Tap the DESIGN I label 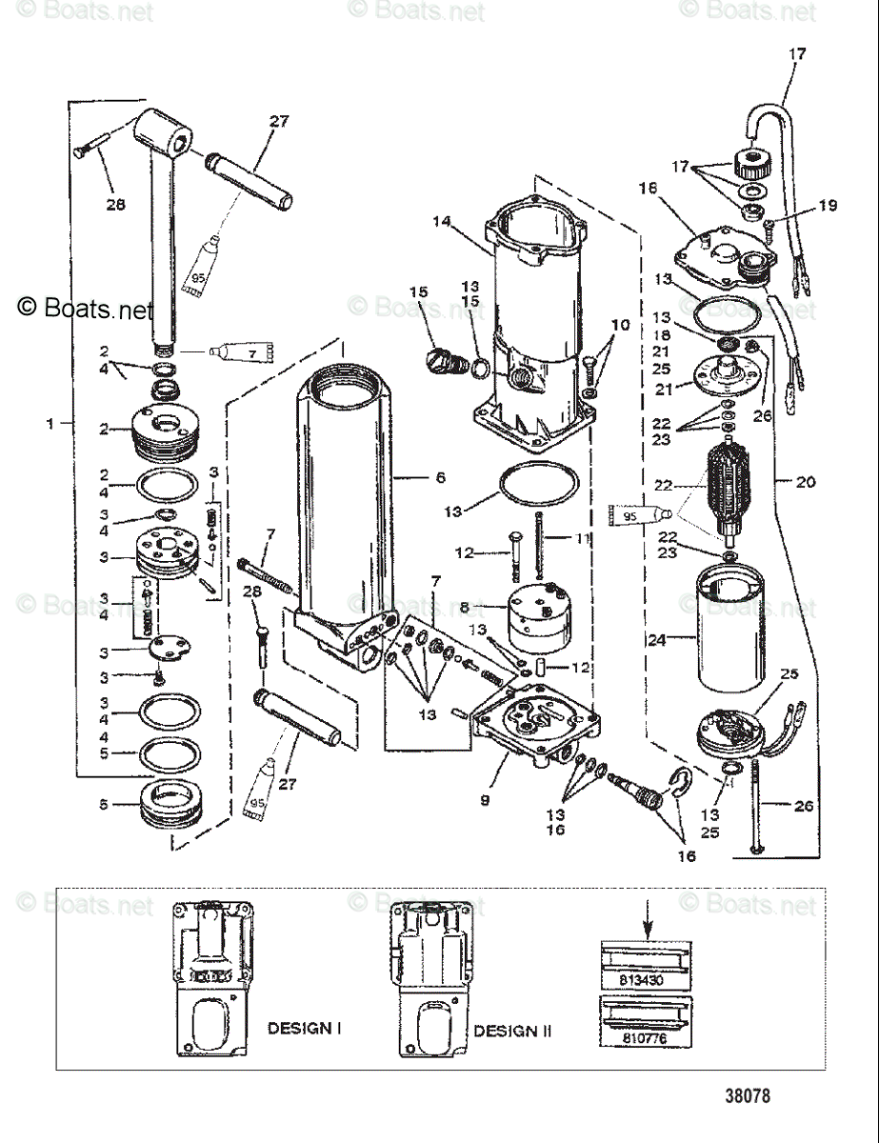point(305,1029)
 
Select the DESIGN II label point(512,1031)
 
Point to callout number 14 point(441,221)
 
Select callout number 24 point(656,640)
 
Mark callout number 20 point(806,482)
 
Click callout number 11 point(583,539)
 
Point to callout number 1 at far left point(51,424)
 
